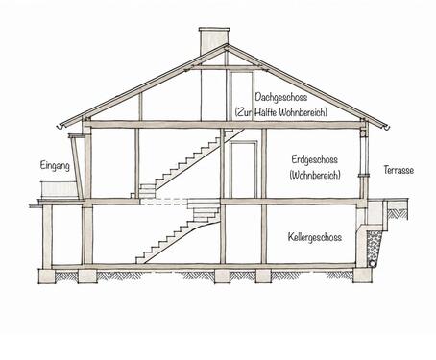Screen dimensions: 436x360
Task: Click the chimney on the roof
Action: click(x=214, y=40)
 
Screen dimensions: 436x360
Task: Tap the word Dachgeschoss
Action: click(x=281, y=97)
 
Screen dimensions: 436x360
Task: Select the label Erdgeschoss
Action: click(x=315, y=160)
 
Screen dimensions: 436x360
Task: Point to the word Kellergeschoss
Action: click(x=315, y=237)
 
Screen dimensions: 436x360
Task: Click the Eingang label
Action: click(x=55, y=166)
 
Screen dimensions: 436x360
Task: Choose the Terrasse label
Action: click(x=399, y=170)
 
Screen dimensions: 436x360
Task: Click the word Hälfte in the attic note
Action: click(x=266, y=112)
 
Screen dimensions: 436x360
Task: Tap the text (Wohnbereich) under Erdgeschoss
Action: click(x=315, y=175)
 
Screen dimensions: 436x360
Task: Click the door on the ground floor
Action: click(x=243, y=169)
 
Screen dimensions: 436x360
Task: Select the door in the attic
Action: click(x=241, y=96)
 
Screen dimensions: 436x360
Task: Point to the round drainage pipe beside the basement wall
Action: click(x=374, y=263)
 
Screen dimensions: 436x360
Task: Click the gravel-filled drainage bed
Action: click(x=374, y=246)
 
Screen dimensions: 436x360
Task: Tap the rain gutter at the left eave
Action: click(x=61, y=127)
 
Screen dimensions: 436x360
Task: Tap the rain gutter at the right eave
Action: click(x=387, y=128)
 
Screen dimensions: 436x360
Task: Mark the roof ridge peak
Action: click(x=227, y=44)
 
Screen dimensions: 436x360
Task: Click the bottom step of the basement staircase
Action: click(x=141, y=260)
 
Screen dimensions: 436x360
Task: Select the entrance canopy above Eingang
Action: click(x=77, y=135)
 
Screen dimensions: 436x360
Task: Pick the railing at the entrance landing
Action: click(x=59, y=189)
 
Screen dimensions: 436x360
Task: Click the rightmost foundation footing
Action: click(x=362, y=276)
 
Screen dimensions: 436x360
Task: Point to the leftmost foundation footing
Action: click(x=47, y=276)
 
